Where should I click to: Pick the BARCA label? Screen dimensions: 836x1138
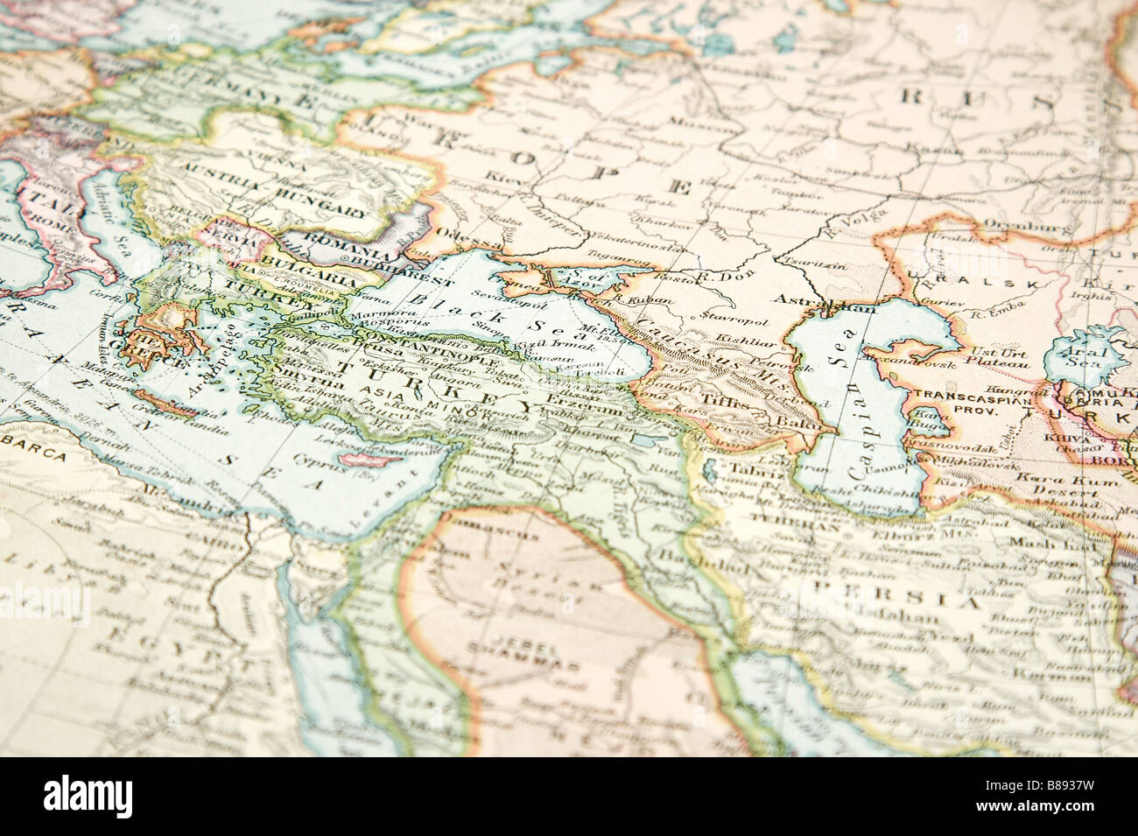34,455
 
